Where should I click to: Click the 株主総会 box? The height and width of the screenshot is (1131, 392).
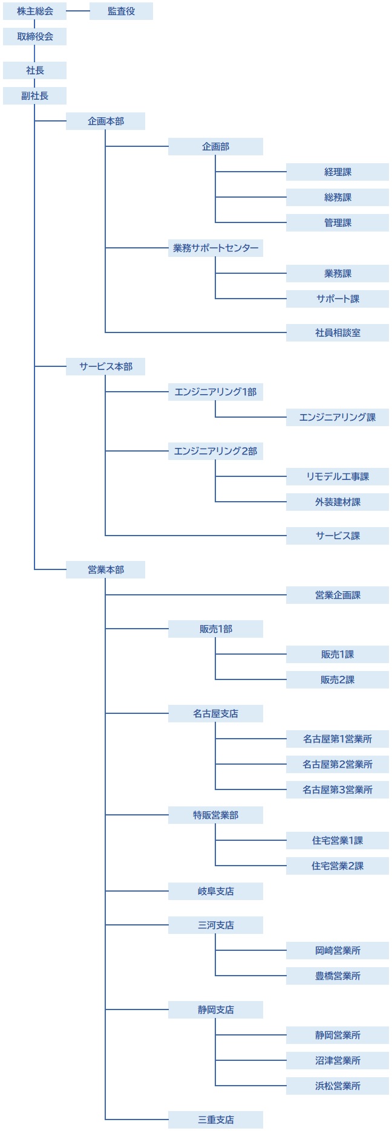pyautogui.click(x=34, y=11)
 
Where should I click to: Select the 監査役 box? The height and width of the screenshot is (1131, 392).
pyautogui.click(x=121, y=11)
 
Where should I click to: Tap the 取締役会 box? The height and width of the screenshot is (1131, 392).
pyautogui.click(x=34, y=36)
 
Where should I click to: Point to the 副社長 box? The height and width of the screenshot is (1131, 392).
pyautogui.click(x=34, y=96)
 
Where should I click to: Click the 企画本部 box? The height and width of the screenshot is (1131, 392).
pyautogui.click(x=105, y=121)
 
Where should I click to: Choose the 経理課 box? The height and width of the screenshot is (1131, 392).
pyautogui.click(x=337, y=172)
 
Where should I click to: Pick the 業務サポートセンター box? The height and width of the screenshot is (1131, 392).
pyautogui.click(x=215, y=248)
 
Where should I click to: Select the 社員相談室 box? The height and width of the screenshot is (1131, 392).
pyautogui.click(x=337, y=332)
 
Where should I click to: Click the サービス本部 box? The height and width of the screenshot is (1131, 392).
pyautogui.click(x=105, y=366)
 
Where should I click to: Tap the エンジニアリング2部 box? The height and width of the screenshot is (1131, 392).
pyautogui.click(x=215, y=451)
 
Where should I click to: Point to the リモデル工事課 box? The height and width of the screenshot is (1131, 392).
pyautogui.click(x=337, y=476)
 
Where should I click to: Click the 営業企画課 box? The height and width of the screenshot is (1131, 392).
pyautogui.click(x=337, y=595)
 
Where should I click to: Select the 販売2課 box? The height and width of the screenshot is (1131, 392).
pyautogui.click(x=337, y=679)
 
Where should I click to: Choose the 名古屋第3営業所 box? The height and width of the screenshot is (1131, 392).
pyautogui.click(x=337, y=789)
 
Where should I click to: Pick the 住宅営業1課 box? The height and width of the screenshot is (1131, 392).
pyautogui.click(x=337, y=840)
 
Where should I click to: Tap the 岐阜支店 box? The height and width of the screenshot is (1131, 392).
pyautogui.click(x=215, y=891)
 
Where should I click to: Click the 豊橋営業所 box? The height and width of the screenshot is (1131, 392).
pyautogui.click(x=337, y=976)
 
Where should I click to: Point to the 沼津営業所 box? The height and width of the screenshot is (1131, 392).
pyautogui.click(x=337, y=1060)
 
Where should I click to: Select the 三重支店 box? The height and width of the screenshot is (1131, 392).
pyautogui.click(x=215, y=1120)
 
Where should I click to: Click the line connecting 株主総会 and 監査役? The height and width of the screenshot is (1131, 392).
pyautogui.click(x=78, y=11)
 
